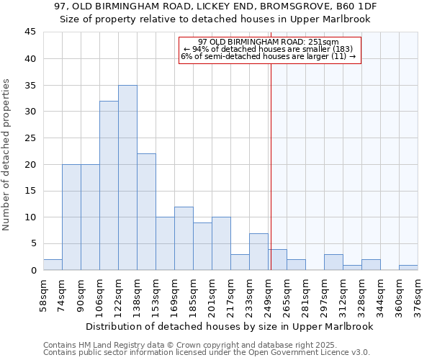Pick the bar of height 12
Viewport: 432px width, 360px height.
click(x=184, y=238)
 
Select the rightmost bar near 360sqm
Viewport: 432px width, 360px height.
click(x=408, y=268)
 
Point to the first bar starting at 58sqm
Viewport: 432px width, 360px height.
click(x=53, y=265)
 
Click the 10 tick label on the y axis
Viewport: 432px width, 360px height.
click(x=30, y=217)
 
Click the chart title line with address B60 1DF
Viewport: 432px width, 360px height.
click(x=216, y=6)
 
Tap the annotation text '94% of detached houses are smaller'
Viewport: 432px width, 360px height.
click(x=269, y=49)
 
